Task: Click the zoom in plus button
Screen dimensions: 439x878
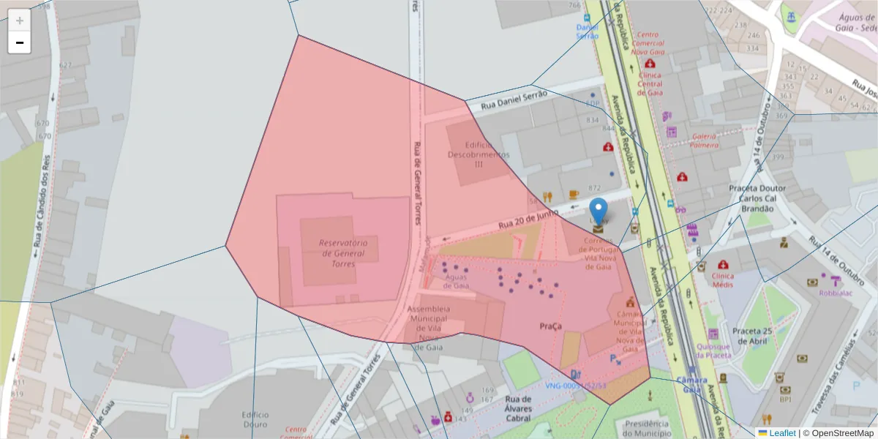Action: point(20,20)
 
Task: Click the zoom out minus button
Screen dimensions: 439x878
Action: point(20,42)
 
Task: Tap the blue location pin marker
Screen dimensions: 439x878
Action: point(599,211)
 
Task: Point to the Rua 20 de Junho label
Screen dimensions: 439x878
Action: point(528,219)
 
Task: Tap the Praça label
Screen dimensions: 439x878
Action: point(550,326)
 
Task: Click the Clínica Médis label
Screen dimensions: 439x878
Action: point(722,280)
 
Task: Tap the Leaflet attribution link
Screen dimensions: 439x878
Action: point(781,433)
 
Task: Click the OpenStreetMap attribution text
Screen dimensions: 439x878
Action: point(839,433)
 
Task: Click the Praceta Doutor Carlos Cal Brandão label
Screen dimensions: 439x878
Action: point(757,198)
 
